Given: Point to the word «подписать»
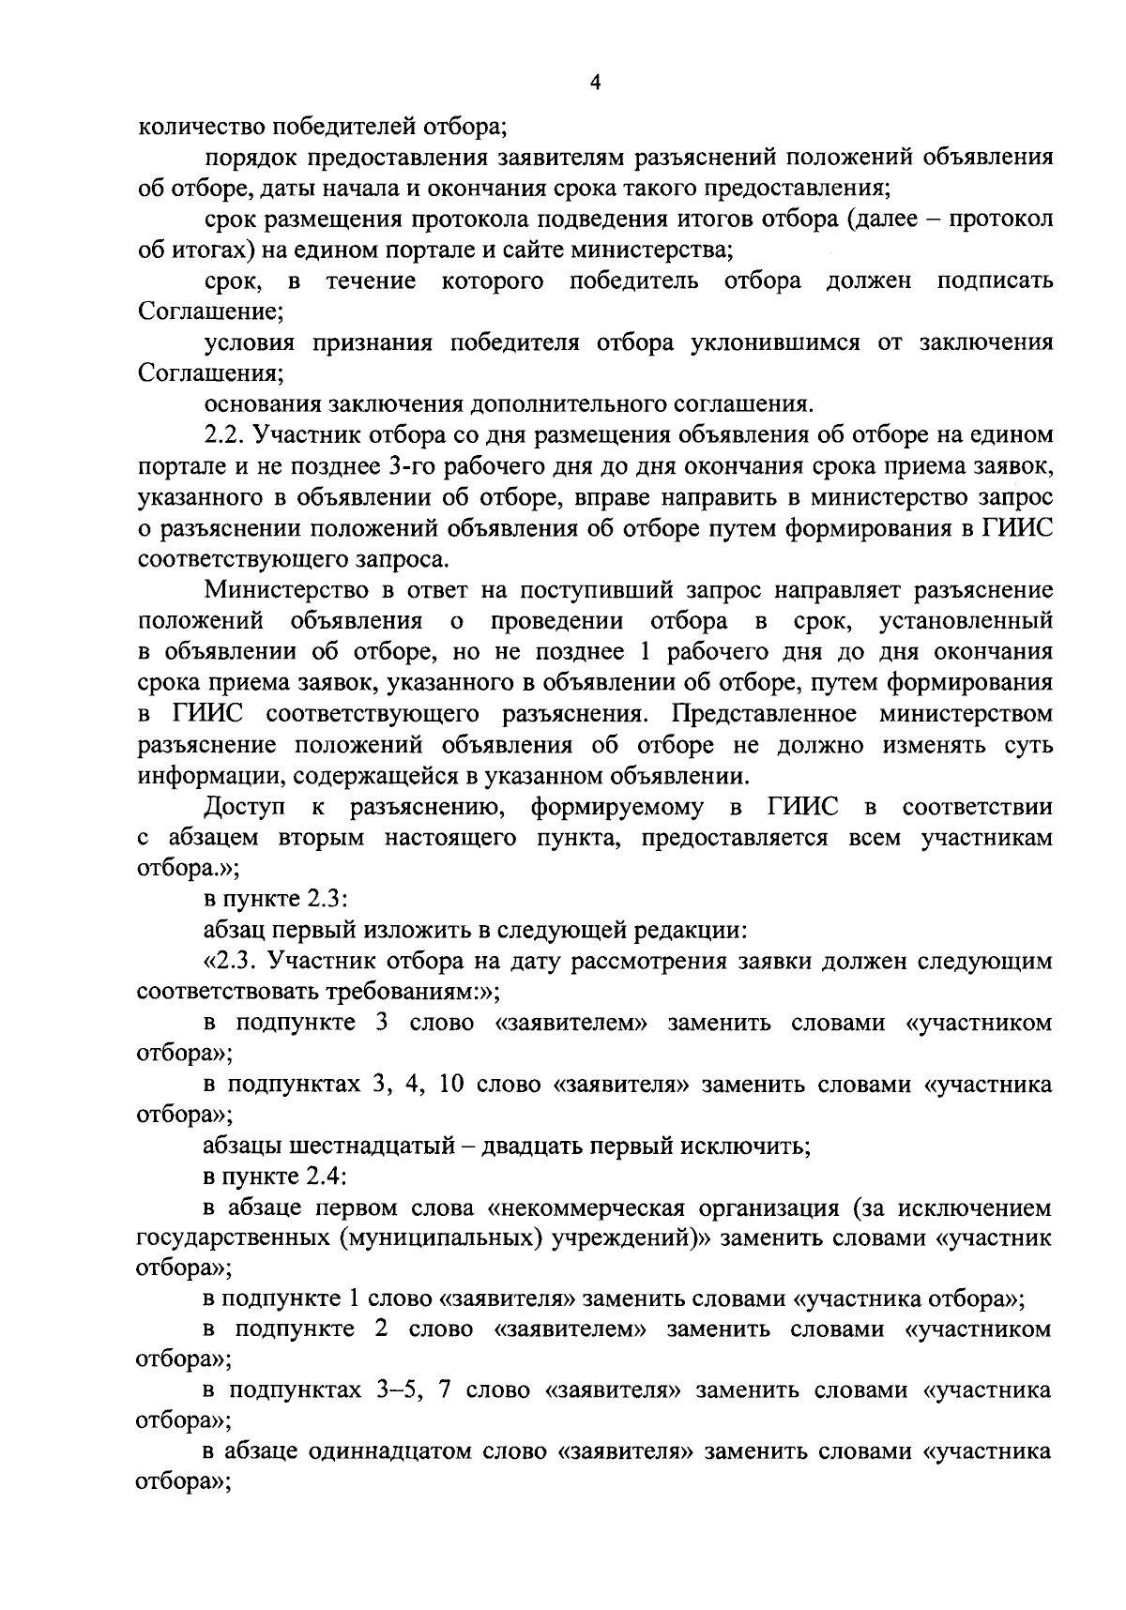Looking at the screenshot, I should coord(995,281).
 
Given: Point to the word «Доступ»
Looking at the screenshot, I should coord(244,807).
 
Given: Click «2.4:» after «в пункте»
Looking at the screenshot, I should coord(327,1177).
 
